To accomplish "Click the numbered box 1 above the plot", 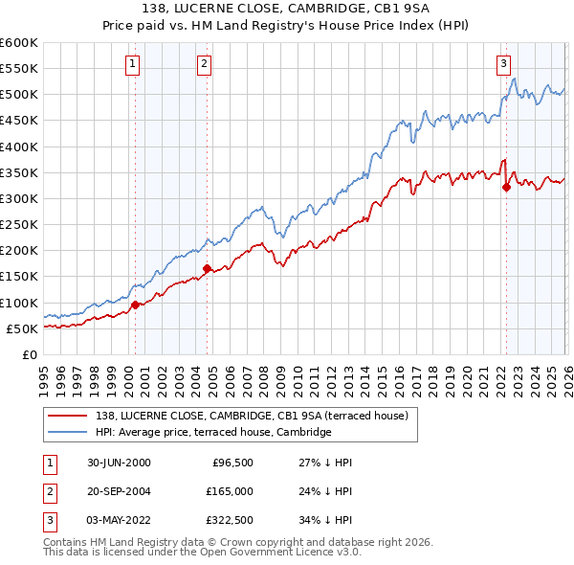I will [131, 64].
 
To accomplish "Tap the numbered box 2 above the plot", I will [205, 64].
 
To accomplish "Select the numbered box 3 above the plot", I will [503, 64].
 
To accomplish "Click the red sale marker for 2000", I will [135, 305].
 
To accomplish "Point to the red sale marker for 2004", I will [207, 269].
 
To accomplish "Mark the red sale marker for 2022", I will [506, 187].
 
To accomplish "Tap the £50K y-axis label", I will [22, 328].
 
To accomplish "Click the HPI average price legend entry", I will [212, 433].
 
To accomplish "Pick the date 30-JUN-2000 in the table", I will [119, 462].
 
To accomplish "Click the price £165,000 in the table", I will [231, 491].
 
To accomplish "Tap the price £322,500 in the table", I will [231, 520].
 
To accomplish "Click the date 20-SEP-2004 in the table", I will [119, 491].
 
